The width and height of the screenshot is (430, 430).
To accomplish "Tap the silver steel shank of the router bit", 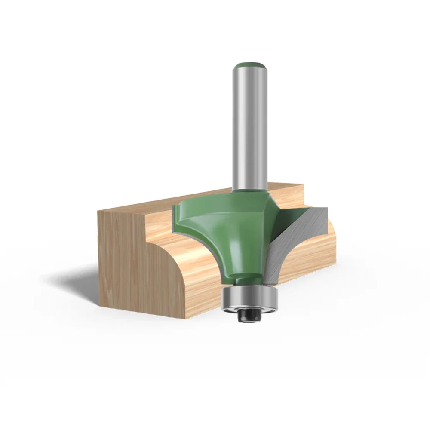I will click(x=249, y=129).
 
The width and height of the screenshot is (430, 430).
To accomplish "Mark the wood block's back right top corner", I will click(x=304, y=185).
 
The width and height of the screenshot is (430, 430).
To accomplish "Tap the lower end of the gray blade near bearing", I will click(x=269, y=279).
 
